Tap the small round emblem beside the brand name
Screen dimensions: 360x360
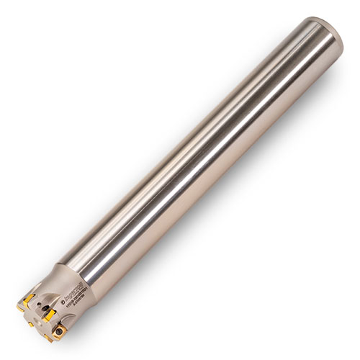[x=63, y=301]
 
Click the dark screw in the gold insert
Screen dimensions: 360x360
[x=59, y=331]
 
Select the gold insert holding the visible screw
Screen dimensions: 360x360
[x=58, y=332]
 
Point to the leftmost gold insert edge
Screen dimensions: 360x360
[x=19, y=308]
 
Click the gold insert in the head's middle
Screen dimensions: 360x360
[x=49, y=315]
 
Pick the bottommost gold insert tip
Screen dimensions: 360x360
[x=48, y=339]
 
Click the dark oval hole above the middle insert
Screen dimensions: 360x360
[x=45, y=307]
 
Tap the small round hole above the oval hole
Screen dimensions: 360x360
[x=39, y=304]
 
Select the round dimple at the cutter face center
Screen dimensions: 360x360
[x=37, y=322]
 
